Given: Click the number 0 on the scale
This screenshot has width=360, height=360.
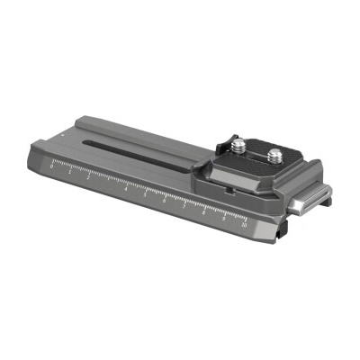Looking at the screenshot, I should click(x=52, y=166).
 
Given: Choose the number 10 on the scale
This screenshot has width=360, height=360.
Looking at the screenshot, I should click(x=244, y=227).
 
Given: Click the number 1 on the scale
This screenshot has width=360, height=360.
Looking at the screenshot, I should click(x=70, y=172).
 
